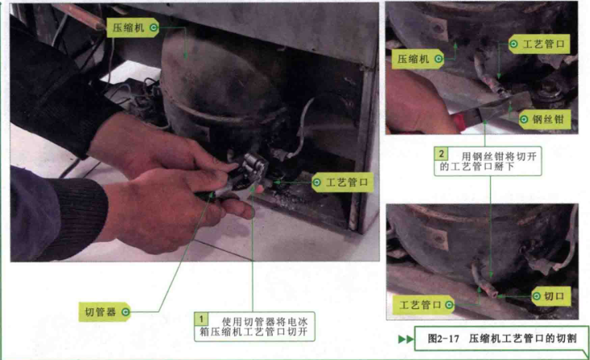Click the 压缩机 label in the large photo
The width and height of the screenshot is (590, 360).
click(132, 27)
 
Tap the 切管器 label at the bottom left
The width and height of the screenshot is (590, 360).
click(105, 312)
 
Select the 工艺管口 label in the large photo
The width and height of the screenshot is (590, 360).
click(342, 182)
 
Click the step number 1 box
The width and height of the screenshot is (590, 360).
click(201, 319)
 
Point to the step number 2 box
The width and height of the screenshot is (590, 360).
click(441, 153)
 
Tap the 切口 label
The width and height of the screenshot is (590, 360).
click(550, 296)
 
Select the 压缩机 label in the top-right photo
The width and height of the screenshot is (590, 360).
click(417, 59)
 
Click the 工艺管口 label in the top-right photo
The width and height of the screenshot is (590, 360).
click(539, 44)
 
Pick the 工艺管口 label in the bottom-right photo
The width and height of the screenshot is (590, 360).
click(424, 304)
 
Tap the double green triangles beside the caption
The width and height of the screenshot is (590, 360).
click(406, 339)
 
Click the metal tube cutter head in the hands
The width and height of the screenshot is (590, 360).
click(253, 166)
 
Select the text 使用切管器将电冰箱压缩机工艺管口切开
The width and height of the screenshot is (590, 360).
click(254, 327)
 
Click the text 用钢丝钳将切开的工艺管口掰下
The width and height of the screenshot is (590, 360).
click(487, 161)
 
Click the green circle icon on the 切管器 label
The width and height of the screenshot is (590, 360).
click(125, 312)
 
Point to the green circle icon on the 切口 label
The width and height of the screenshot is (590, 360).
click(537, 296)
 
